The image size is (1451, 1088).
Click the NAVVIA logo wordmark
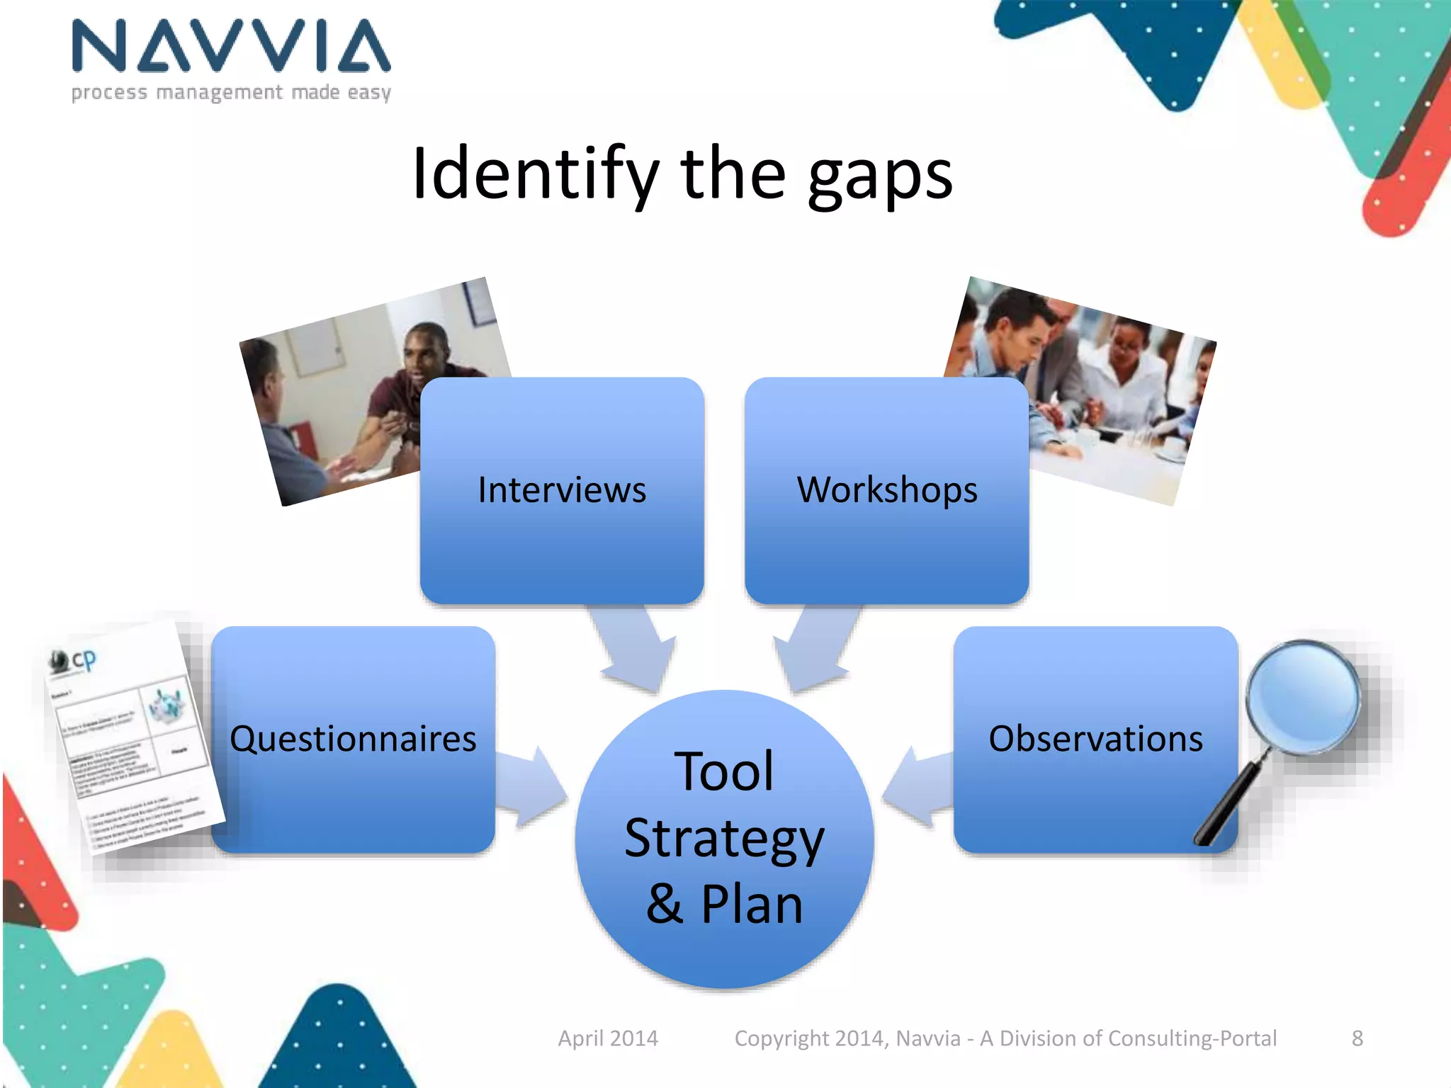pos(231,46)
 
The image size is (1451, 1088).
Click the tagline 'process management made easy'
pos(231,93)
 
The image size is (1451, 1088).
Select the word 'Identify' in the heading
pos(536,174)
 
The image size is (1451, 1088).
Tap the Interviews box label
pos(562,489)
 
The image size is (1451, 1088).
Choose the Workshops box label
pos(887,489)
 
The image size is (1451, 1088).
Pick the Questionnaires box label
pos(353,739)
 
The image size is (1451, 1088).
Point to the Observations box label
pos(1095,739)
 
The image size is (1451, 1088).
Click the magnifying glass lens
pos(1302,697)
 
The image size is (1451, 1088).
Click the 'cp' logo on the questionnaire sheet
pos(82,660)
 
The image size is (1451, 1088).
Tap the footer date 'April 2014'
pos(608,1038)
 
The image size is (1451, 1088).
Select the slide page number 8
pos(1357,1038)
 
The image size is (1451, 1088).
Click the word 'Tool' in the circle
pos(724,772)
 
